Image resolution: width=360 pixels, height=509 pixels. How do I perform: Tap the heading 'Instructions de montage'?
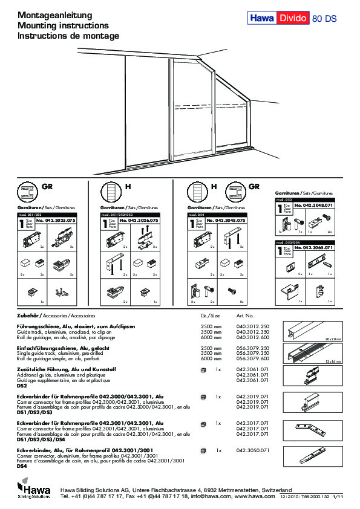(68, 36)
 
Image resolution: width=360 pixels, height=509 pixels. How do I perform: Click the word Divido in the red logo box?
(293, 19)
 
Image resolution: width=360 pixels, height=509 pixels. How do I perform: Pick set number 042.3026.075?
(140, 221)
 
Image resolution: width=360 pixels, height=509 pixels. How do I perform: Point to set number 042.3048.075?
(226, 221)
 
